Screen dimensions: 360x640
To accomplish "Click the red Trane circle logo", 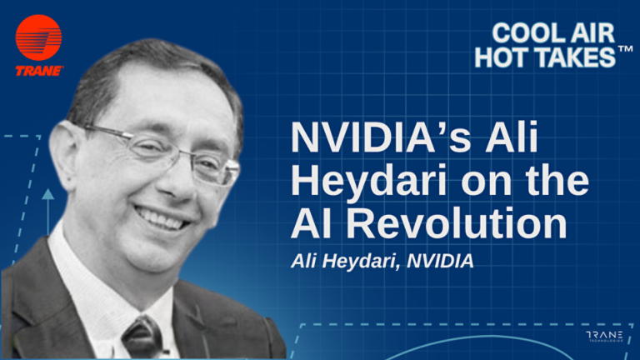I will pos(38,37).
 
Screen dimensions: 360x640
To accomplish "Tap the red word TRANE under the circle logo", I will pos(38,71).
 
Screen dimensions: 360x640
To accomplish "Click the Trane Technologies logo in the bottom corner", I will pos(604,337).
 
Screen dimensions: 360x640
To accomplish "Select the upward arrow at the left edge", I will pos(48,197).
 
